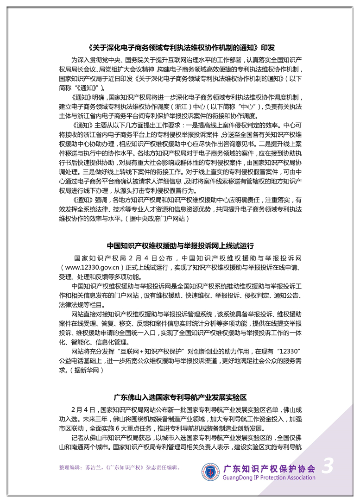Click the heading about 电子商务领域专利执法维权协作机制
point(180,48)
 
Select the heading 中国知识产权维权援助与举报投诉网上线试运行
point(180,246)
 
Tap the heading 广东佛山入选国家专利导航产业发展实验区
point(180,397)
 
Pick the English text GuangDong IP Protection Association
point(269,478)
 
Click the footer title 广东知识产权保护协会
point(269,468)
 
